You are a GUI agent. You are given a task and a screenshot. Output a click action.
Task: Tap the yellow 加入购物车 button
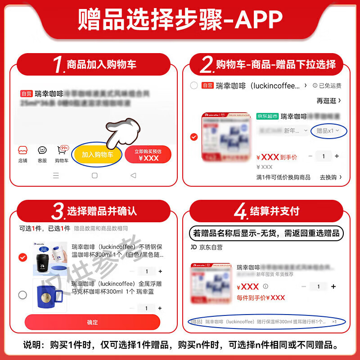tap(98, 154)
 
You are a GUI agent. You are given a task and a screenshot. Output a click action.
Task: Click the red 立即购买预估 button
tap(148, 154)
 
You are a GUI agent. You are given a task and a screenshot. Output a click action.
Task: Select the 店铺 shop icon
tap(22, 154)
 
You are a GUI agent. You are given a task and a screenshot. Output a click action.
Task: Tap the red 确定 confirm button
tap(92, 322)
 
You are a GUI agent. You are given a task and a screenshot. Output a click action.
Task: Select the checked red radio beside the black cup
tap(22, 257)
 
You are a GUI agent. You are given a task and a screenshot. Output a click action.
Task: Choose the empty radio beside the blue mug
tap(22, 295)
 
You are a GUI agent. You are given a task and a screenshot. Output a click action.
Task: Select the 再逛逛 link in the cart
tap(328, 100)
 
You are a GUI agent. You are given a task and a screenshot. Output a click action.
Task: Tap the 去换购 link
tap(330, 177)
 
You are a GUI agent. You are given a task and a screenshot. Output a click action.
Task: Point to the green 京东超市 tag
tap(267, 116)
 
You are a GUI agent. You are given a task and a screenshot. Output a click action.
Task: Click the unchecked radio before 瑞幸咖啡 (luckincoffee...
tap(194, 85)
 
